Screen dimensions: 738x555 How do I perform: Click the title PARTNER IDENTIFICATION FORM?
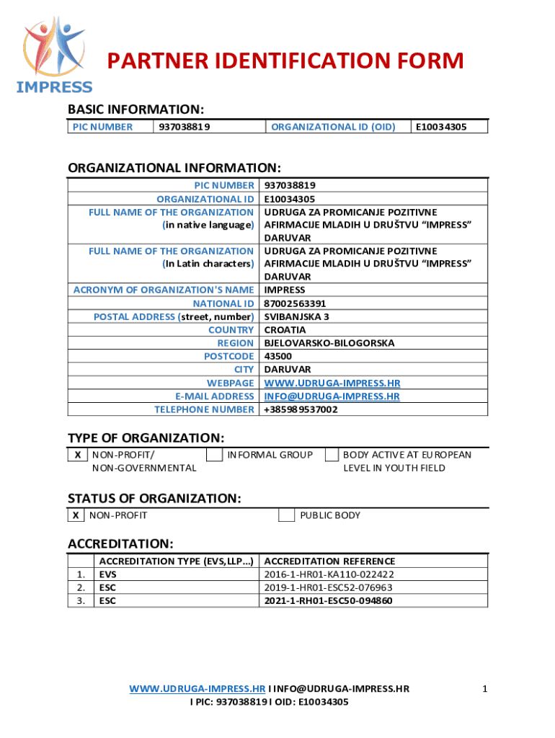[x=285, y=62]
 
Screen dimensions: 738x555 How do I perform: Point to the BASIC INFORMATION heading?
[x=136, y=110]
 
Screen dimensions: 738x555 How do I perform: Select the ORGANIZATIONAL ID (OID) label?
[x=332, y=127]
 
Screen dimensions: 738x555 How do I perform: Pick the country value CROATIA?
[x=285, y=330]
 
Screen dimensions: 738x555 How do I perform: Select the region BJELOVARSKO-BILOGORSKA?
[x=329, y=343]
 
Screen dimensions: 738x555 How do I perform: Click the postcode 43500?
[x=278, y=356]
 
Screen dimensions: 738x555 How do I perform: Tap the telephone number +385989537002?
[x=301, y=409]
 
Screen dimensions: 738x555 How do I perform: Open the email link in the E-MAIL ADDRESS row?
[x=332, y=396]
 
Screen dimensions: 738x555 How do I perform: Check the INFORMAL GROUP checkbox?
[x=214, y=455]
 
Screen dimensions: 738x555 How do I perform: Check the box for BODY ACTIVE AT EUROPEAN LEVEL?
[x=332, y=455]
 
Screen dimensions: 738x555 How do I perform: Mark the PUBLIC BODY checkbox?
[x=286, y=515]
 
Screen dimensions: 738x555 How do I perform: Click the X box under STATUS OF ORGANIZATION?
[x=76, y=515]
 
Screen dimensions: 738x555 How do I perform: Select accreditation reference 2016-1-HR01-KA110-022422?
[x=329, y=574]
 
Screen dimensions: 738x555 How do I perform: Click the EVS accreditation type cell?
[x=108, y=574]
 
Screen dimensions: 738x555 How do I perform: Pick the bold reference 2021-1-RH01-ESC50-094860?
[x=329, y=600]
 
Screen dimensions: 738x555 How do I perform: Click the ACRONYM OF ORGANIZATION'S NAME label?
[x=164, y=290]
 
